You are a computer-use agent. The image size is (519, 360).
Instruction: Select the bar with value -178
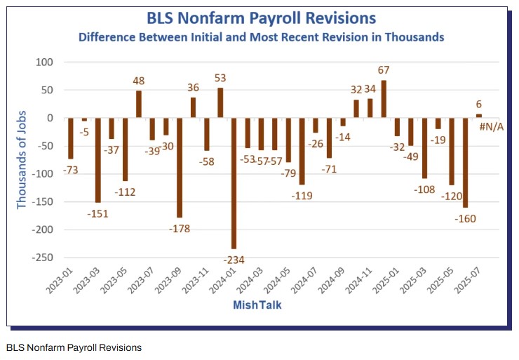click(x=180, y=168)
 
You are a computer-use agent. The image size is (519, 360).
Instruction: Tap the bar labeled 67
click(x=384, y=99)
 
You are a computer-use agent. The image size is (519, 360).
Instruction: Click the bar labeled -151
click(x=98, y=160)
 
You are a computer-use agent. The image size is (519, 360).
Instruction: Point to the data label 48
click(x=139, y=81)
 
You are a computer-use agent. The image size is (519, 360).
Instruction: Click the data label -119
click(x=302, y=195)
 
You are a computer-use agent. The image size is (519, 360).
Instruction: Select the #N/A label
click(x=491, y=126)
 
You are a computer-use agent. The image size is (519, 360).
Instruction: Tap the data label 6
click(x=479, y=104)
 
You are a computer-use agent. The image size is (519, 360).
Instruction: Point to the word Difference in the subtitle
click(x=112, y=36)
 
